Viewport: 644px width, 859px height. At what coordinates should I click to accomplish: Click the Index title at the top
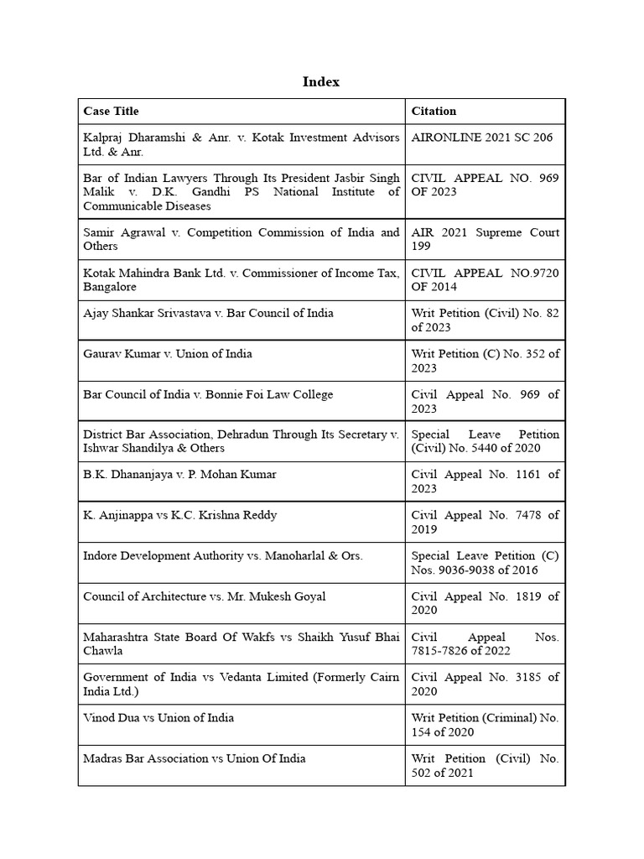point(321,81)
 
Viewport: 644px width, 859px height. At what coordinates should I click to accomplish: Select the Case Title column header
point(111,111)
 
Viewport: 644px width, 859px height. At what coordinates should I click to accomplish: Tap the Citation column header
point(434,111)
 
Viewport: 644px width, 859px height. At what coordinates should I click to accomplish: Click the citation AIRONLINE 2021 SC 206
point(482,138)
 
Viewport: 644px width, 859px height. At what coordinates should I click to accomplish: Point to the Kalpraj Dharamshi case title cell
point(241,144)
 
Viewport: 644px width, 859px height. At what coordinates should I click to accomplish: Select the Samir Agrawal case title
point(241,239)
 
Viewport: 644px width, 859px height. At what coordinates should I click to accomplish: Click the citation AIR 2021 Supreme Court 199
point(485,239)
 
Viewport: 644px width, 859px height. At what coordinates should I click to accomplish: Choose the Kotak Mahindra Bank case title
point(241,279)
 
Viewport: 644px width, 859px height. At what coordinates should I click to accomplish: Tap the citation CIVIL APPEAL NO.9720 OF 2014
point(485,279)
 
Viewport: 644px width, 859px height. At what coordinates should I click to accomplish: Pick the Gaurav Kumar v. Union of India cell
point(168,353)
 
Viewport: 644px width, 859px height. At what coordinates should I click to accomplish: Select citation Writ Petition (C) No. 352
point(485,360)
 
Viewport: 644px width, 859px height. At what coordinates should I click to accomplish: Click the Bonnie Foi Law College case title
point(208,394)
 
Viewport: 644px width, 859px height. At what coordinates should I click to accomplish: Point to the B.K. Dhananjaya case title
point(179,474)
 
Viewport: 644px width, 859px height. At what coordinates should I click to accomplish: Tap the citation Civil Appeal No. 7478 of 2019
point(485,522)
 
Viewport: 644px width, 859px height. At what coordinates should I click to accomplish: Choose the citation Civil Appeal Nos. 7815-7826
point(485,643)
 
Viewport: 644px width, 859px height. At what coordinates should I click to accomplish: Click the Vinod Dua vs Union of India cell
point(158,717)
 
